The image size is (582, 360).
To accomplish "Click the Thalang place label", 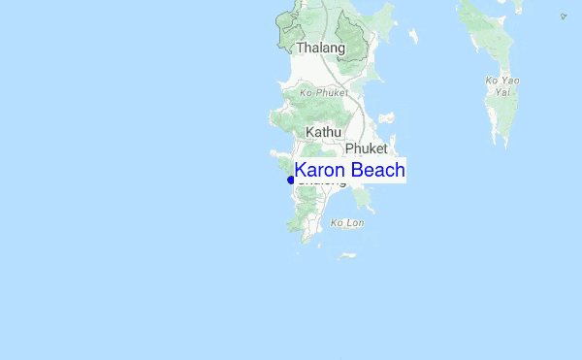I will point(320,48).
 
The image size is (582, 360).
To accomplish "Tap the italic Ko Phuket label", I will point(324,92).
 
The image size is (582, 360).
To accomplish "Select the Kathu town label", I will point(325,130).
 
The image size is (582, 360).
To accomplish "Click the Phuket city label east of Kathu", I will point(366,148).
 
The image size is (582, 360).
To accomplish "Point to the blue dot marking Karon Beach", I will point(291,180).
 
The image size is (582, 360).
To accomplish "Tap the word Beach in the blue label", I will point(377,171).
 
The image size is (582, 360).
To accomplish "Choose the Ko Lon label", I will point(346,223).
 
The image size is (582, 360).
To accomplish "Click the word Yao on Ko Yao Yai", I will point(511,81).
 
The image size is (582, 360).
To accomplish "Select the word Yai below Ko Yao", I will point(501,92).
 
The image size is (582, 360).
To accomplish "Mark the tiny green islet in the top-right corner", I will point(564,16).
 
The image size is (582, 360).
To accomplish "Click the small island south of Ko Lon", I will point(346,256).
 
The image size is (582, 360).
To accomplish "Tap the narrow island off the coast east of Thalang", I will point(414,37).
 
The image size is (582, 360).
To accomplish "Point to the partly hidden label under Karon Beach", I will point(321,182).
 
